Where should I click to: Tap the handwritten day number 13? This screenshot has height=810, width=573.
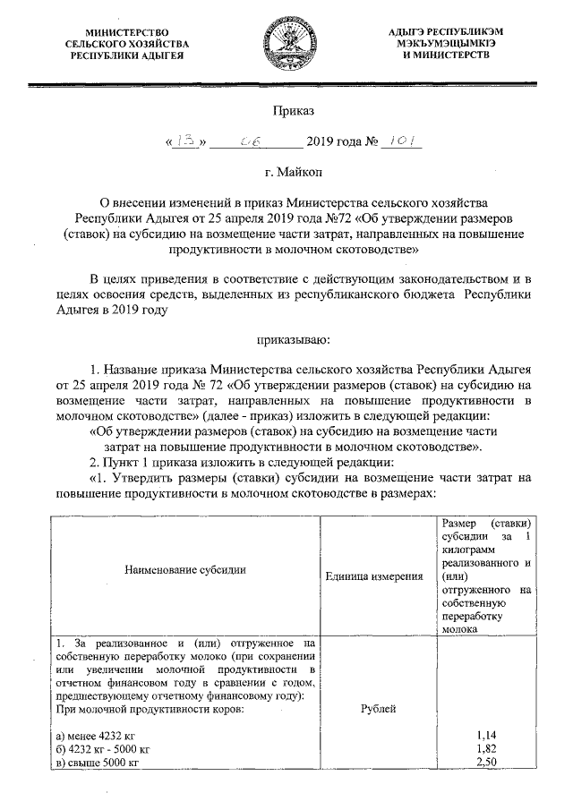coord(185,141)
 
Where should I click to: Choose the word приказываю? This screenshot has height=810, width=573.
coord(293,339)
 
